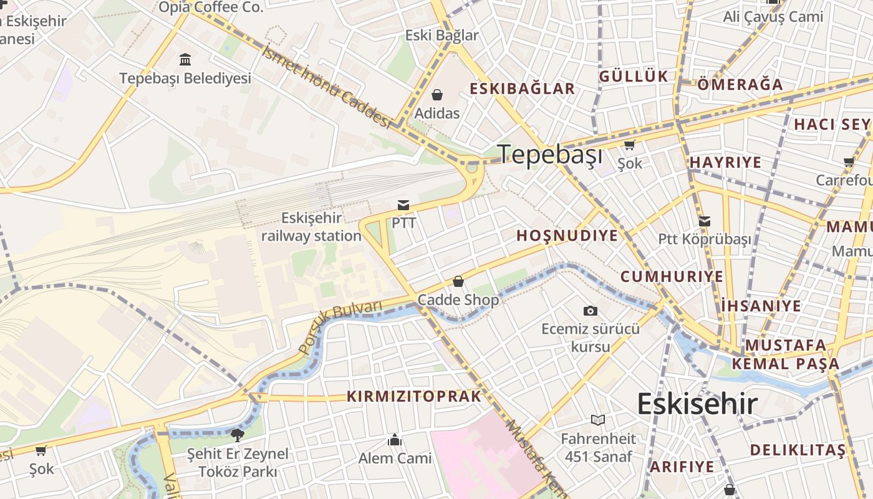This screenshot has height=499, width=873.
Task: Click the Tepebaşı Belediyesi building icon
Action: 185,60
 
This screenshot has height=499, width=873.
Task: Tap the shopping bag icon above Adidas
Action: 437,95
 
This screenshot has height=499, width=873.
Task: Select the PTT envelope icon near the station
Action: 403,205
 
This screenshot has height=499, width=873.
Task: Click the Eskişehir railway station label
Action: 311,227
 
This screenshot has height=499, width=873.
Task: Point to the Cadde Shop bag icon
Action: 458,281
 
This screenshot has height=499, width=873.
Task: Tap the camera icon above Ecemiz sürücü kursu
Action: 590,311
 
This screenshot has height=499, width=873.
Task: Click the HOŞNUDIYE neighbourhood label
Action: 567,236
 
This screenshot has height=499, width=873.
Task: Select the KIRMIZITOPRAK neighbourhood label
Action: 414,397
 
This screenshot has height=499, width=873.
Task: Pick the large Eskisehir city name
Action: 697,404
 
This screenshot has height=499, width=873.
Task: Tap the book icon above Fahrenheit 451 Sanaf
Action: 598,420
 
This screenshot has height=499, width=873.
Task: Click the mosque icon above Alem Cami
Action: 394,440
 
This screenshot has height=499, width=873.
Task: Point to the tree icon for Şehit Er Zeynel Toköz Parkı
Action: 237,435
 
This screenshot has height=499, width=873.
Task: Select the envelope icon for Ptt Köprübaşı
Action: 705,221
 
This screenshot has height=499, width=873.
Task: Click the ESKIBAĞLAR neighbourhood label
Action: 522,89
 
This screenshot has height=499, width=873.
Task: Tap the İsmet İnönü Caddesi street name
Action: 327,87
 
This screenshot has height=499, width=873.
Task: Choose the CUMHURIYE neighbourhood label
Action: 672,276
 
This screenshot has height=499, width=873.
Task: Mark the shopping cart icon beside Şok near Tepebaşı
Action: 629,145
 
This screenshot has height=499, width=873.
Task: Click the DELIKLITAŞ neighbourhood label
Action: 798,450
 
